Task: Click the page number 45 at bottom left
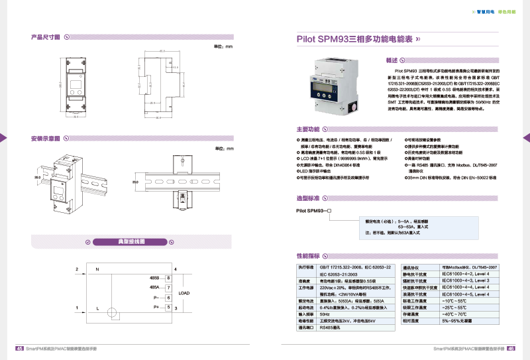click(x=20, y=347)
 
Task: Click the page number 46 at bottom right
click(x=510, y=347)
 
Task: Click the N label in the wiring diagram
click(x=98, y=269)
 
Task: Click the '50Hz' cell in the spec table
click(x=326, y=314)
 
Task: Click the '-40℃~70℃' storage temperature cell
click(x=454, y=314)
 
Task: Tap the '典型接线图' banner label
click(x=130, y=242)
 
